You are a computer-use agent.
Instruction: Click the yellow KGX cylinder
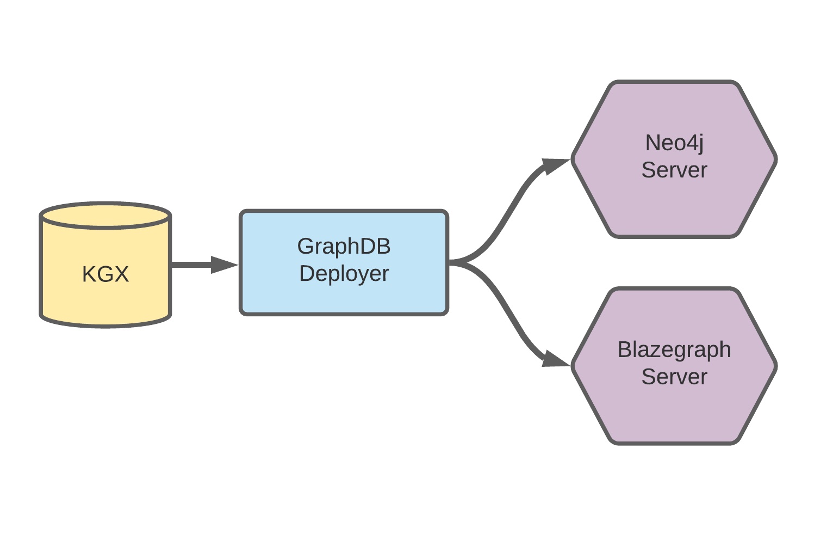tap(105, 294)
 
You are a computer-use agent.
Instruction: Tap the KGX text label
tap(105, 274)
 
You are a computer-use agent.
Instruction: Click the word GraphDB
tap(344, 247)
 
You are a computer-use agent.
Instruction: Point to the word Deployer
tap(344, 274)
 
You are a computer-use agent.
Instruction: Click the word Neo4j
tap(674, 143)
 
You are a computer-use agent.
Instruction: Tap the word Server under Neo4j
tap(674, 170)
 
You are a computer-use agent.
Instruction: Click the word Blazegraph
tap(674, 349)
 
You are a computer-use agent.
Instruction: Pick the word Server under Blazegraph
tap(674, 377)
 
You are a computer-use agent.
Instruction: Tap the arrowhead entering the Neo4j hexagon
tap(556, 165)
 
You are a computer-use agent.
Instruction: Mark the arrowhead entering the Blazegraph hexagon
tap(556, 359)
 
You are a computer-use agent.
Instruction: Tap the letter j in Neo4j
tap(700, 144)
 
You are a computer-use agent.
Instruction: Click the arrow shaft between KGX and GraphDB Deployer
tap(190, 265)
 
